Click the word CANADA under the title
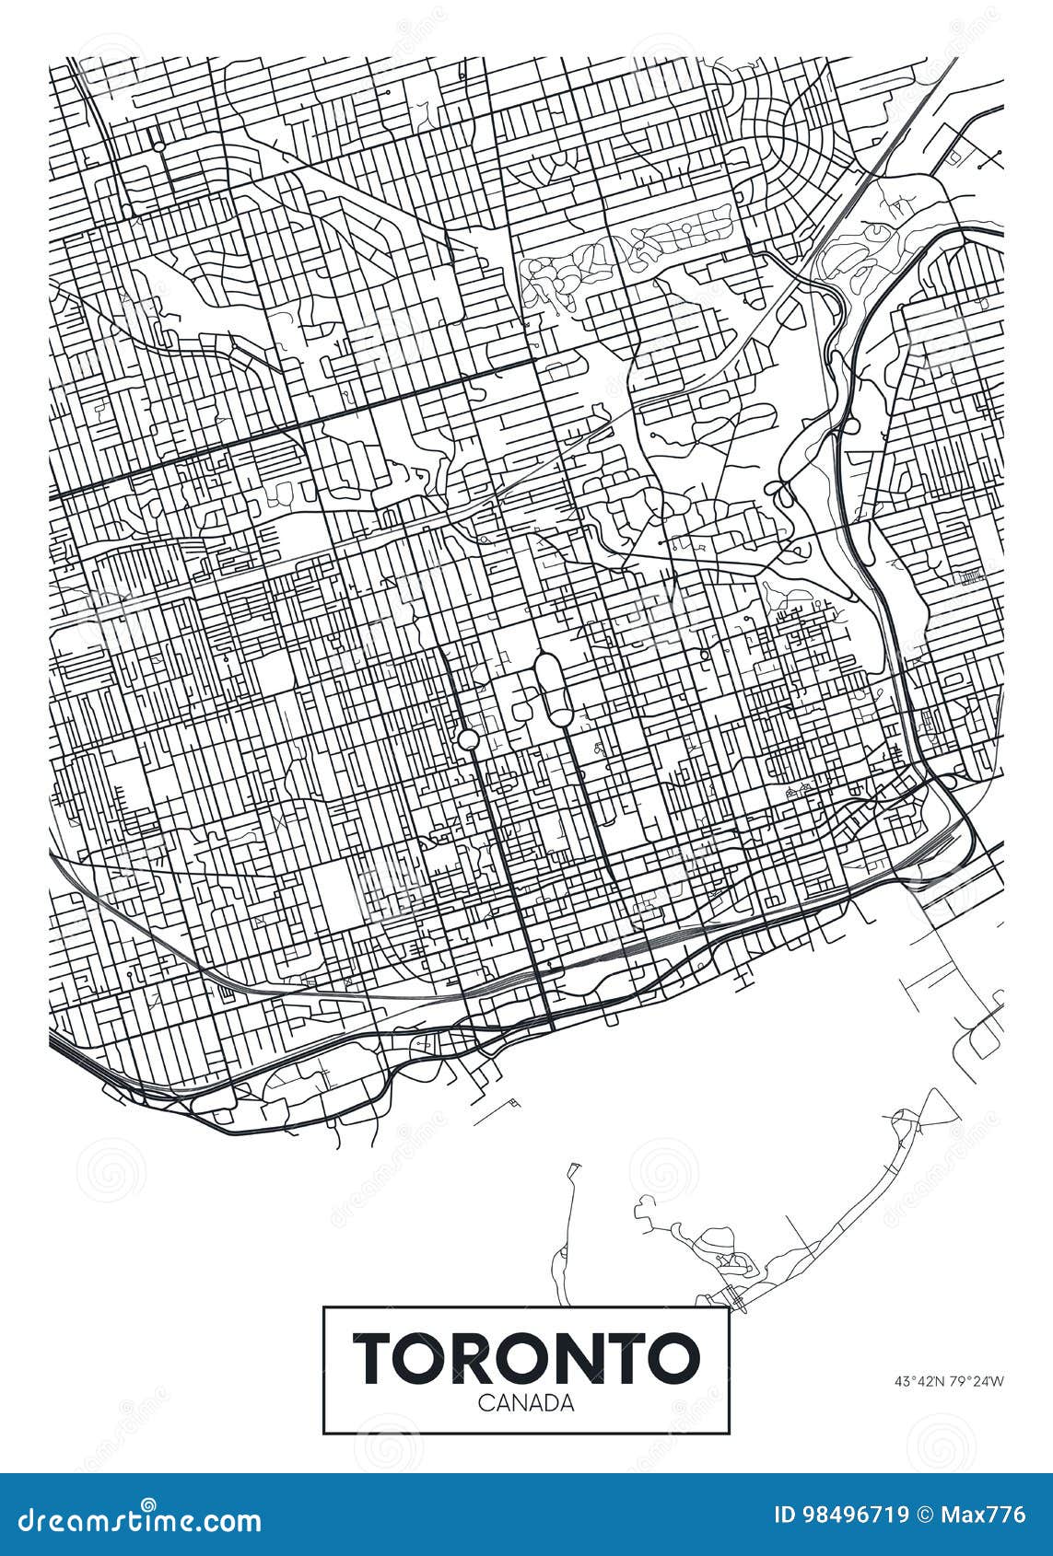click(526, 1403)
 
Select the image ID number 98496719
click(856, 1515)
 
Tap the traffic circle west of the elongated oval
click(468, 739)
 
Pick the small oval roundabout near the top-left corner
click(158, 145)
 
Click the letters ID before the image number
click(787, 1515)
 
